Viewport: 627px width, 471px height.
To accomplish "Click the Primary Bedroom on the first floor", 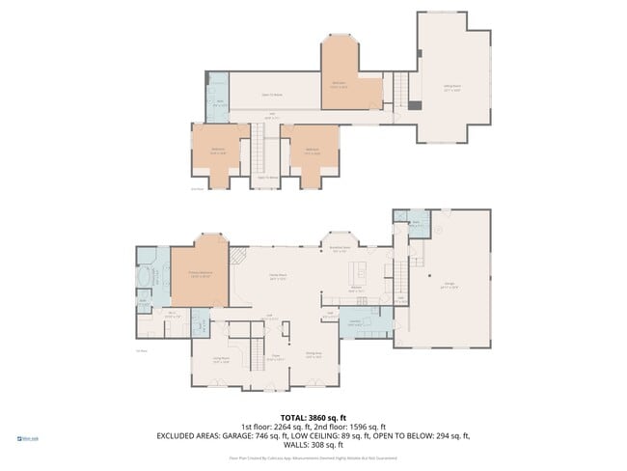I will pyautogui.click(x=200, y=275).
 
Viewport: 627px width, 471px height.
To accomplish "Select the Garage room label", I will pyautogui.click(x=450, y=285).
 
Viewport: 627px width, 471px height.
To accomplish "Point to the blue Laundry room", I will pyautogui.click(x=356, y=321).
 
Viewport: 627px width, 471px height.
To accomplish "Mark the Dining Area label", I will pyautogui.click(x=313, y=356).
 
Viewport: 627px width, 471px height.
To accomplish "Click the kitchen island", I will pyautogui.click(x=364, y=267).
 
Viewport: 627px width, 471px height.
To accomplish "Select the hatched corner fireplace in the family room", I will pyautogui.click(x=236, y=255).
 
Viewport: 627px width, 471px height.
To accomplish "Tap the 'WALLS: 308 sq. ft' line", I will pyautogui.click(x=313, y=445).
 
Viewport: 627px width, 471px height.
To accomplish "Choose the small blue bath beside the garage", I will pyautogui.click(x=416, y=225).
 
